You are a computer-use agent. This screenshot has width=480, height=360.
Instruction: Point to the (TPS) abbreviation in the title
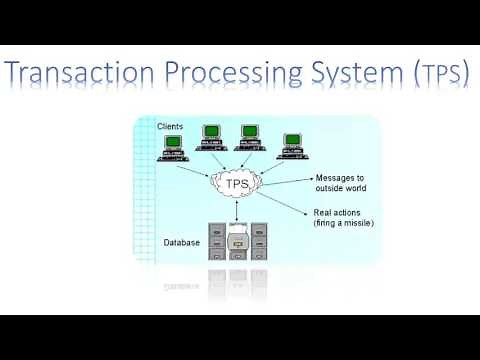431,76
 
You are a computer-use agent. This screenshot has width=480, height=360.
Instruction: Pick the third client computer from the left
251,137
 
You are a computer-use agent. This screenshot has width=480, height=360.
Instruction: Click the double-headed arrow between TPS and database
235,211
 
